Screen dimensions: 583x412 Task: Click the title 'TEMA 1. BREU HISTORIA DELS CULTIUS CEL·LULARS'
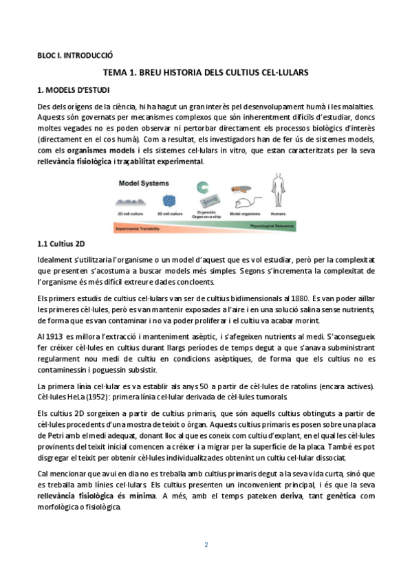click(206, 72)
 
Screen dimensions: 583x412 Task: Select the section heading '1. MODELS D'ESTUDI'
click(72, 90)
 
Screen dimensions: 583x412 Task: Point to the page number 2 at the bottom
click(206, 545)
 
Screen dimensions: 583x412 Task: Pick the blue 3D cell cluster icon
click(169, 201)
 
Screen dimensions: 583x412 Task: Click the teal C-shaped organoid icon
click(202, 187)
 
